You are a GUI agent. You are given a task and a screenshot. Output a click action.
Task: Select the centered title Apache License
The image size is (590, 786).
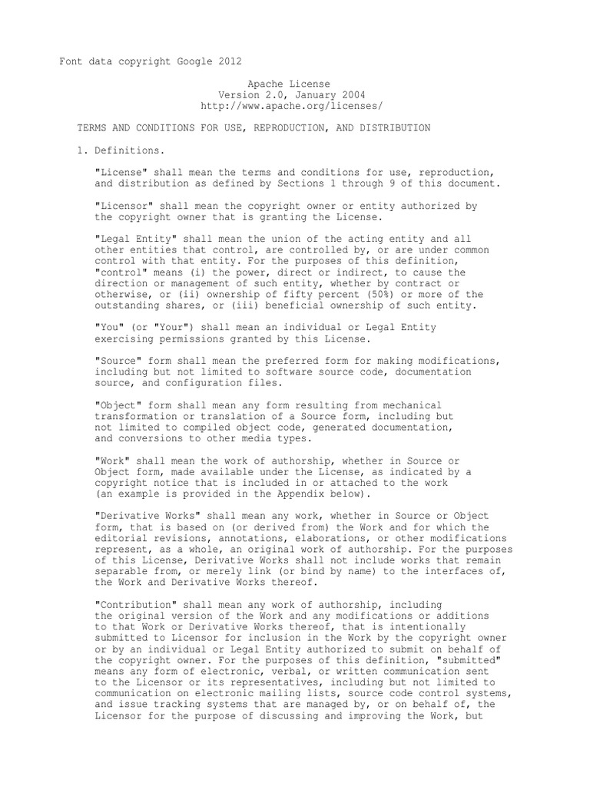click(289, 83)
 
